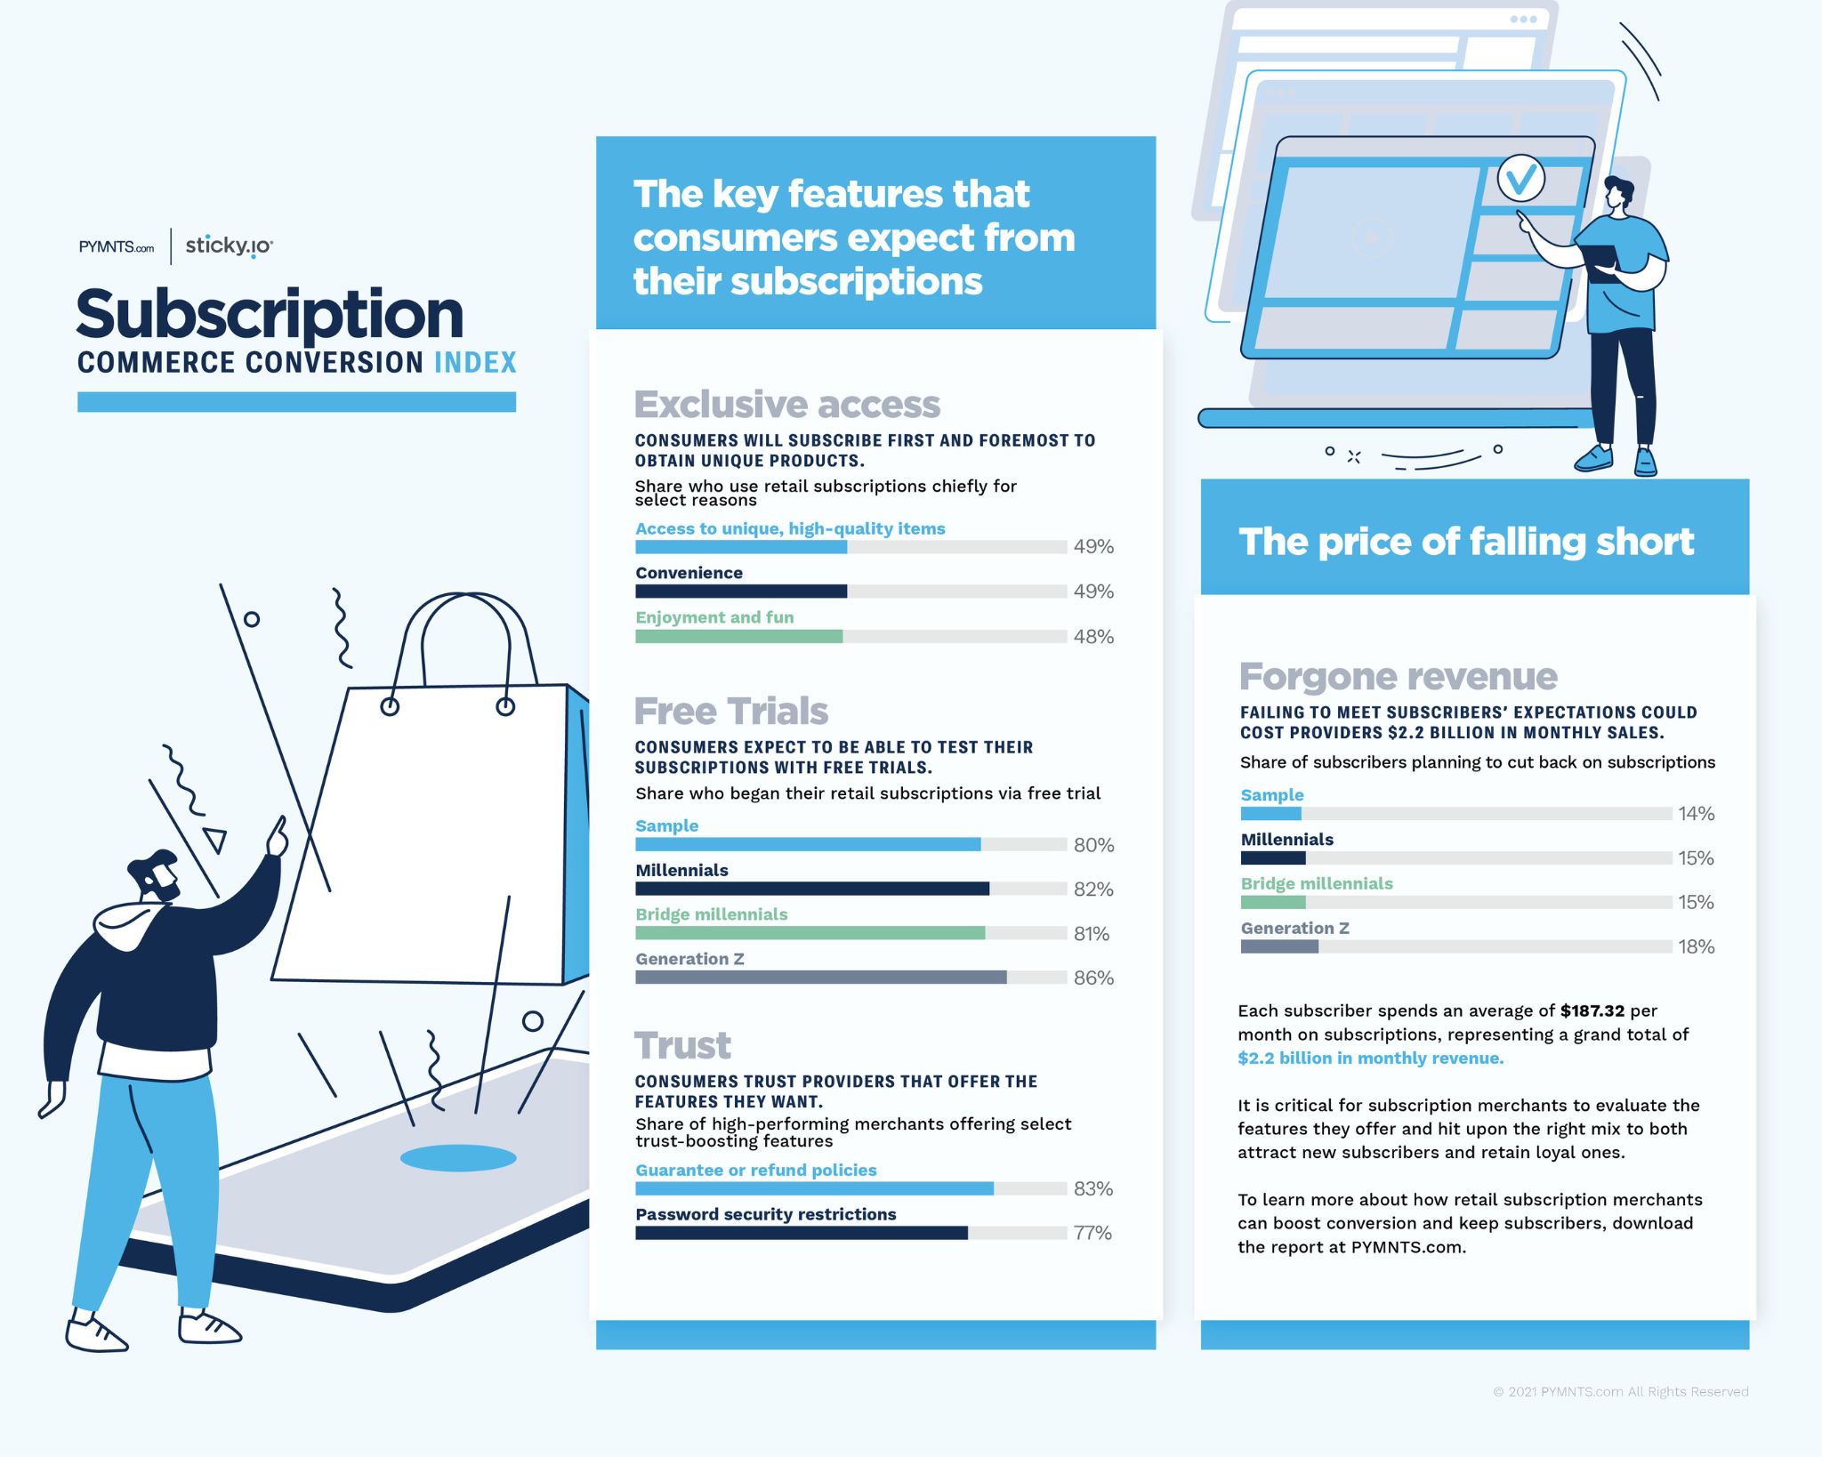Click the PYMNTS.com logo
[x=116, y=247]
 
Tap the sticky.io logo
[x=229, y=246]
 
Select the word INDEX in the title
[x=475, y=363]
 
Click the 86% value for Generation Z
[x=1093, y=978]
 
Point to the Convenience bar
[x=741, y=592]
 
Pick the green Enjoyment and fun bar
[x=738, y=636]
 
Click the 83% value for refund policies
[x=1093, y=1188]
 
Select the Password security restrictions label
[x=765, y=1214]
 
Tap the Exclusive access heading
[x=786, y=405]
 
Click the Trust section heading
[x=682, y=1046]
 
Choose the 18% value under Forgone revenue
[x=1696, y=946]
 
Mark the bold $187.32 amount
[x=1592, y=1010]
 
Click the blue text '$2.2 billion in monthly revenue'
[x=1370, y=1059]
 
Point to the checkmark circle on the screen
[x=1520, y=180]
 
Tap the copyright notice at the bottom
[x=1620, y=1391]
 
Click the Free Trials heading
[x=730, y=712]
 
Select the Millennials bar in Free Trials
[x=811, y=889]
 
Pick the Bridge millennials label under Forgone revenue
[x=1316, y=883]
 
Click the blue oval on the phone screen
[x=458, y=1158]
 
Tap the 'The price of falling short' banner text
[x=1466, y=542]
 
